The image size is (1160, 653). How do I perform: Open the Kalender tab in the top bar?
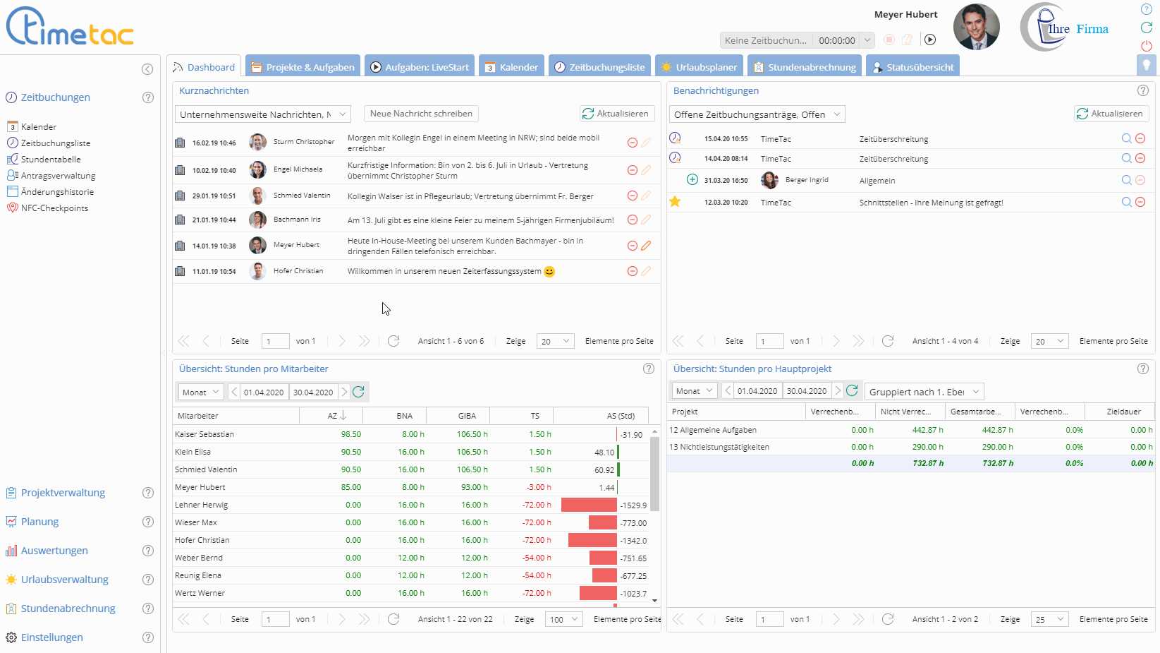[x=511, y=67]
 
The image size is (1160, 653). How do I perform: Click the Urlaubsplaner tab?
[x=699, y=67]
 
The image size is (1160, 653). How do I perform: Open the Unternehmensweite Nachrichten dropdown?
[x=263, y=114]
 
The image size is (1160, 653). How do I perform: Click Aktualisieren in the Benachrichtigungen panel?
[x=1111, y=114]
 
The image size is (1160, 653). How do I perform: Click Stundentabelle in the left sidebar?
[x=51, y=160]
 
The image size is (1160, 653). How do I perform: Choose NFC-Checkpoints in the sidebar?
[x=54, y=208]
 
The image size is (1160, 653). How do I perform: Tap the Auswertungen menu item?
[x=54, y=551]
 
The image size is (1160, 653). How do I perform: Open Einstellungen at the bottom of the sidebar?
[x=51, y=637]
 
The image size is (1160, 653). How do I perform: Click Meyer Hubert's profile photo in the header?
[x=976, y=28]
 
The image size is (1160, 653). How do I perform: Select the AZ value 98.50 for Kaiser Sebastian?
[x=350, y=434]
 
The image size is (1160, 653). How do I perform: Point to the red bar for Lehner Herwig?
[x=589, y=505]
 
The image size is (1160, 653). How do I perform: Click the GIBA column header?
[x=467, y=416]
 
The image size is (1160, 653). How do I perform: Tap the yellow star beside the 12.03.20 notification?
[x=675, y=202]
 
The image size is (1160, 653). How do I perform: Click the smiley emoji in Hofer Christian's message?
[x=549, y=272]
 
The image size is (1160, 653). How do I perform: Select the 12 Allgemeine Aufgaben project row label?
[x=713, y=430]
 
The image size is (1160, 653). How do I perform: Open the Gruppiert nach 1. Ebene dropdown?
[x=923, y=392]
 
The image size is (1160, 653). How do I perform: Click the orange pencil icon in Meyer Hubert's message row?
[x=646, y=246]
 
